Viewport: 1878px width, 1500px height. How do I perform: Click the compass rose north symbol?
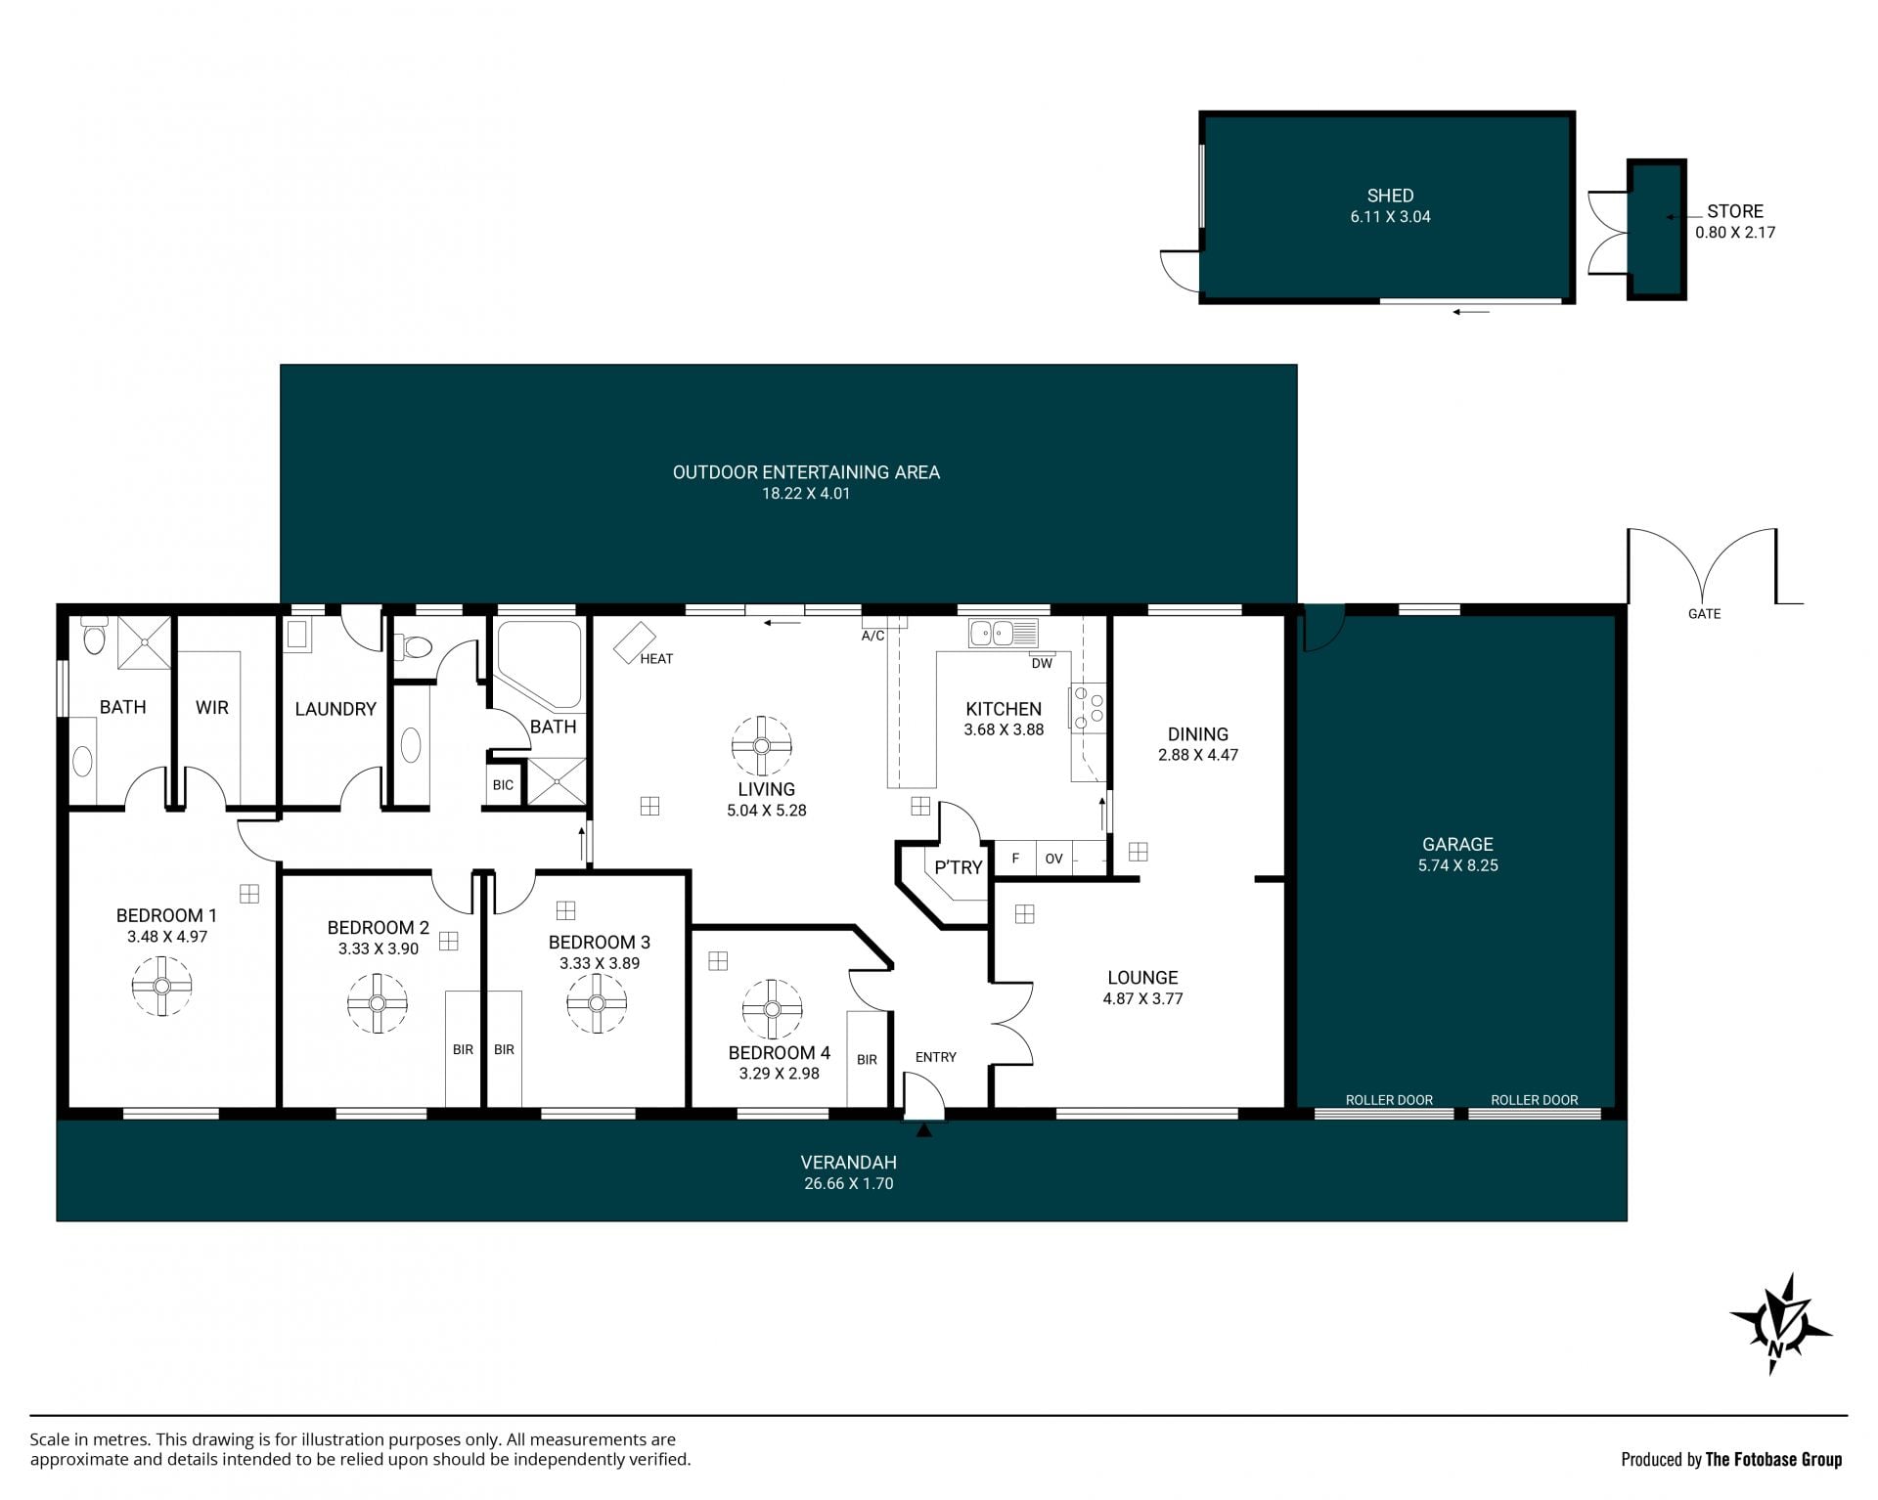point(1779,1325)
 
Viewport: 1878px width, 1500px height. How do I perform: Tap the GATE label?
point(1704,614)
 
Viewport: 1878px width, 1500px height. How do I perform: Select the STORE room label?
point(1735,211)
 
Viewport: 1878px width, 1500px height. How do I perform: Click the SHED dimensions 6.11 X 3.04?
point(1390,217)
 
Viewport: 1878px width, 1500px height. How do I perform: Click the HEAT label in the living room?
point(656,659)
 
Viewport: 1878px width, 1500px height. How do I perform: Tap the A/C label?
point(872,637)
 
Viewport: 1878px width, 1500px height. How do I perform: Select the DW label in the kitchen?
point(1042,664)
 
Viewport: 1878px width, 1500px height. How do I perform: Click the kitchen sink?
point(1003,634)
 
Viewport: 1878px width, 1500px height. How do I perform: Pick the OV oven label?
point(1053,860)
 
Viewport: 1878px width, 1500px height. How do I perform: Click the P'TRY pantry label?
point(959,867)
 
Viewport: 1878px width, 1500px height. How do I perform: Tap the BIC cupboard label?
point(503,785)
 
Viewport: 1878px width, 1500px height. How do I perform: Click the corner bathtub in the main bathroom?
point(539,664)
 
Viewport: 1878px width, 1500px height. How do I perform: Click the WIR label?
point(212,707)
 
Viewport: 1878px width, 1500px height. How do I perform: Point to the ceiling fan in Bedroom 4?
point(772,1009)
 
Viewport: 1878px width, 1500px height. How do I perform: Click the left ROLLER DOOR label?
point(1389,1100)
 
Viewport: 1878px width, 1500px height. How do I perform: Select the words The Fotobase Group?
point(1773,1460)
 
